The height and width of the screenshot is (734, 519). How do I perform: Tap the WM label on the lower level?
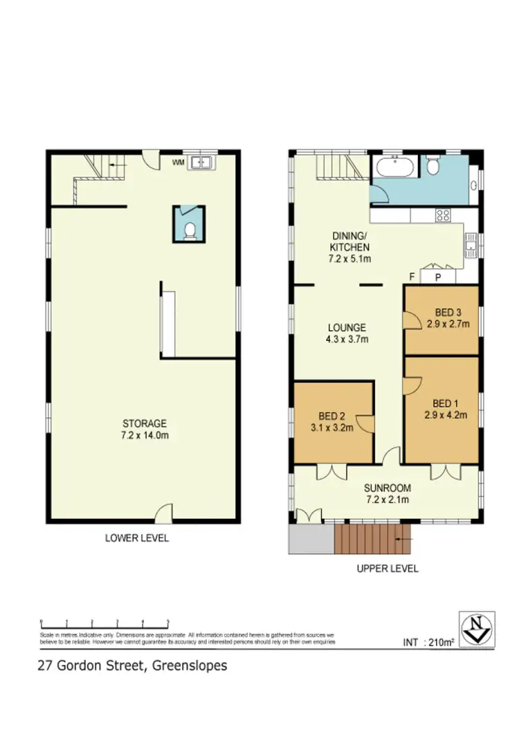point(178,163)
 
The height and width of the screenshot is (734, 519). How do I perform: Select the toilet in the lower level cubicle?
point(190,230)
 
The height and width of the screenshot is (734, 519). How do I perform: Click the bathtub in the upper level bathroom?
point(394,167)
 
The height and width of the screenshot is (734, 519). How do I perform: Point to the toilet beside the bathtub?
point(433,166)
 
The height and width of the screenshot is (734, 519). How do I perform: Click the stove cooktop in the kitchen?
point(443,215)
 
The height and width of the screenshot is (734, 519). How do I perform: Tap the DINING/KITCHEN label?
point(349,247)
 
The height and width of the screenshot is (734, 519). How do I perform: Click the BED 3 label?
point(448,317)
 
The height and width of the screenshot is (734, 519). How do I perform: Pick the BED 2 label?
point(332,421)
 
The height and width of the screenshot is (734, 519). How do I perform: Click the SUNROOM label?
point(388,493)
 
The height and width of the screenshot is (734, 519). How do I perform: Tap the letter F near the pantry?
point(412,277)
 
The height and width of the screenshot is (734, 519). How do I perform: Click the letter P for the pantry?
point(437,277)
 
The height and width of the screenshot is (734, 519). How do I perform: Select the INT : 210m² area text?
point(428,643)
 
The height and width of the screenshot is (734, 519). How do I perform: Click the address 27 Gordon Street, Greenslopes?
point(131,666)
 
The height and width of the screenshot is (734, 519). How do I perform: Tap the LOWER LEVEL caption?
point(136,538)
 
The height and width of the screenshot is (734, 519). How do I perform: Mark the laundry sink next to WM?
point(202,163)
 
